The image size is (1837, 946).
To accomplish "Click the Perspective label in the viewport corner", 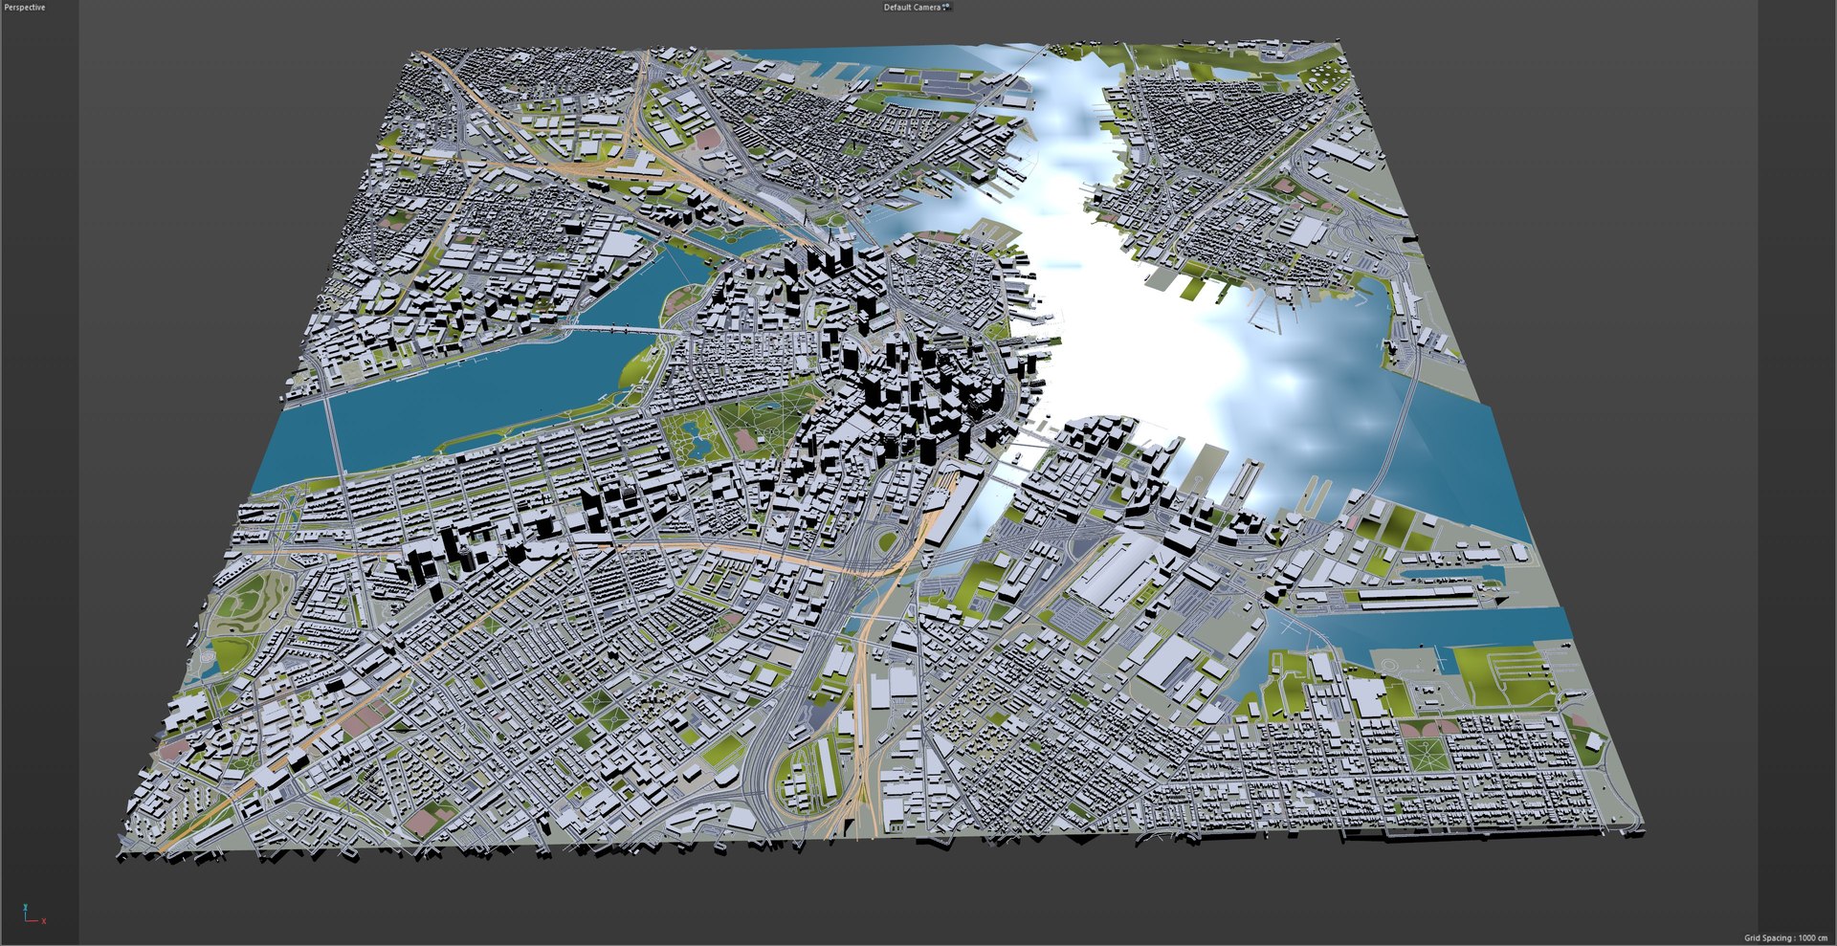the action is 25,8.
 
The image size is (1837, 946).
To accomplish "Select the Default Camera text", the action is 911,8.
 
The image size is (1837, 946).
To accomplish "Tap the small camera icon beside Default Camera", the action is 946,8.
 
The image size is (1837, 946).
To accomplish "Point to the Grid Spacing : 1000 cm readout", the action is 1785,937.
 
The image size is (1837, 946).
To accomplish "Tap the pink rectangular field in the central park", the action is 745,441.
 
